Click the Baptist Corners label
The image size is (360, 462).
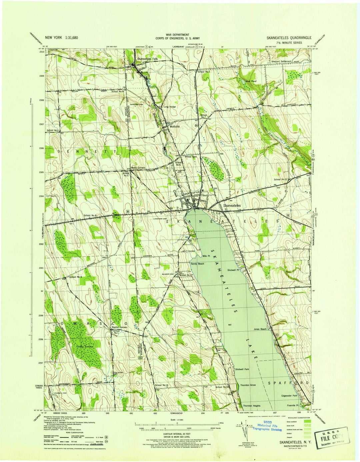click(115, 327)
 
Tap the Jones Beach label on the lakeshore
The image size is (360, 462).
click(260, 329)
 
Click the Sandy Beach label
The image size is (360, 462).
click(197, 264)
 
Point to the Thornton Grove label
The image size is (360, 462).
click(248, 385)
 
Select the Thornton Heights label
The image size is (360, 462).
click(252, 406)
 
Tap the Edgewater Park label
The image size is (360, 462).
click(289, 395)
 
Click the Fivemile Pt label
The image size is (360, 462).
click(292, 406)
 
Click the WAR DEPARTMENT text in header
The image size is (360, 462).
click(180, 35)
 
